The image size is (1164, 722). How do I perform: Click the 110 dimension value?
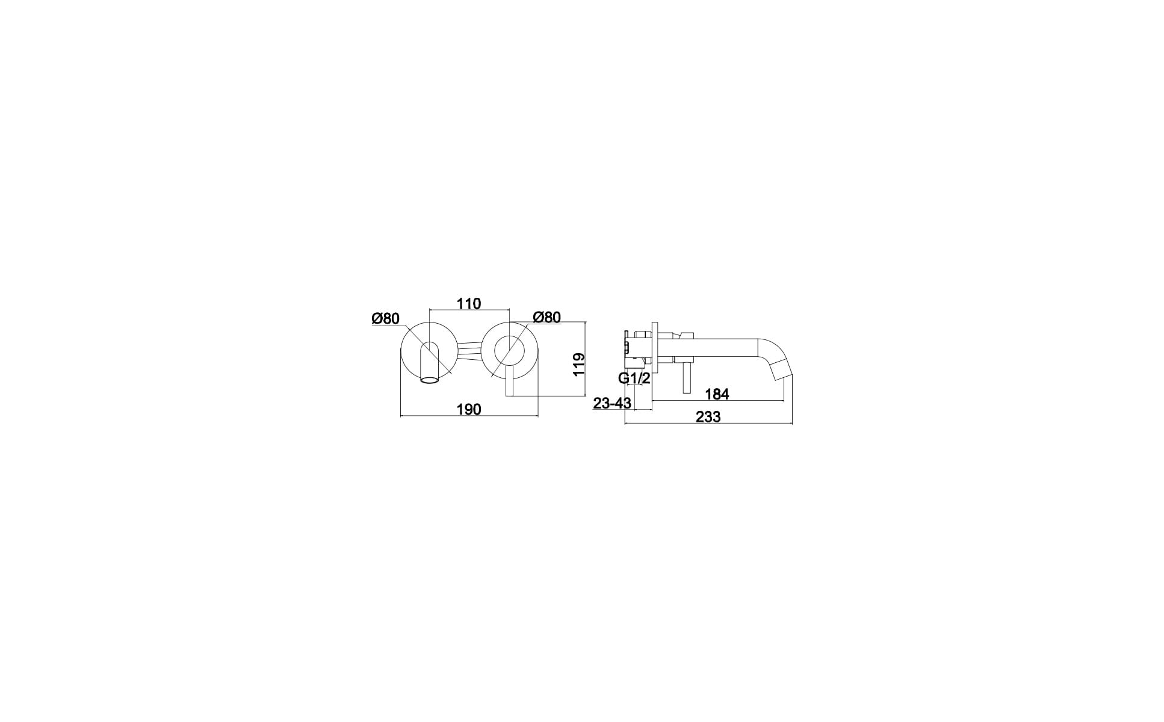coord(469,304)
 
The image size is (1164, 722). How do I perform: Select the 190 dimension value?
coord(469,410)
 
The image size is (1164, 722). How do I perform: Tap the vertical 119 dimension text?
coord(578,365)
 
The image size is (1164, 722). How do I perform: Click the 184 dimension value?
coord(717,394)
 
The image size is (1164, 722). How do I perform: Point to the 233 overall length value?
coord(708,417)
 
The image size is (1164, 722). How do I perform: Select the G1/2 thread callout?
coord(634,378)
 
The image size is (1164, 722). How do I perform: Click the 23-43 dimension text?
coord(612,403)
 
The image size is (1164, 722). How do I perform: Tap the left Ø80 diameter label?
coord(386,319)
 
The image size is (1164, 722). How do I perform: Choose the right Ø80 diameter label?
coord(547,317)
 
